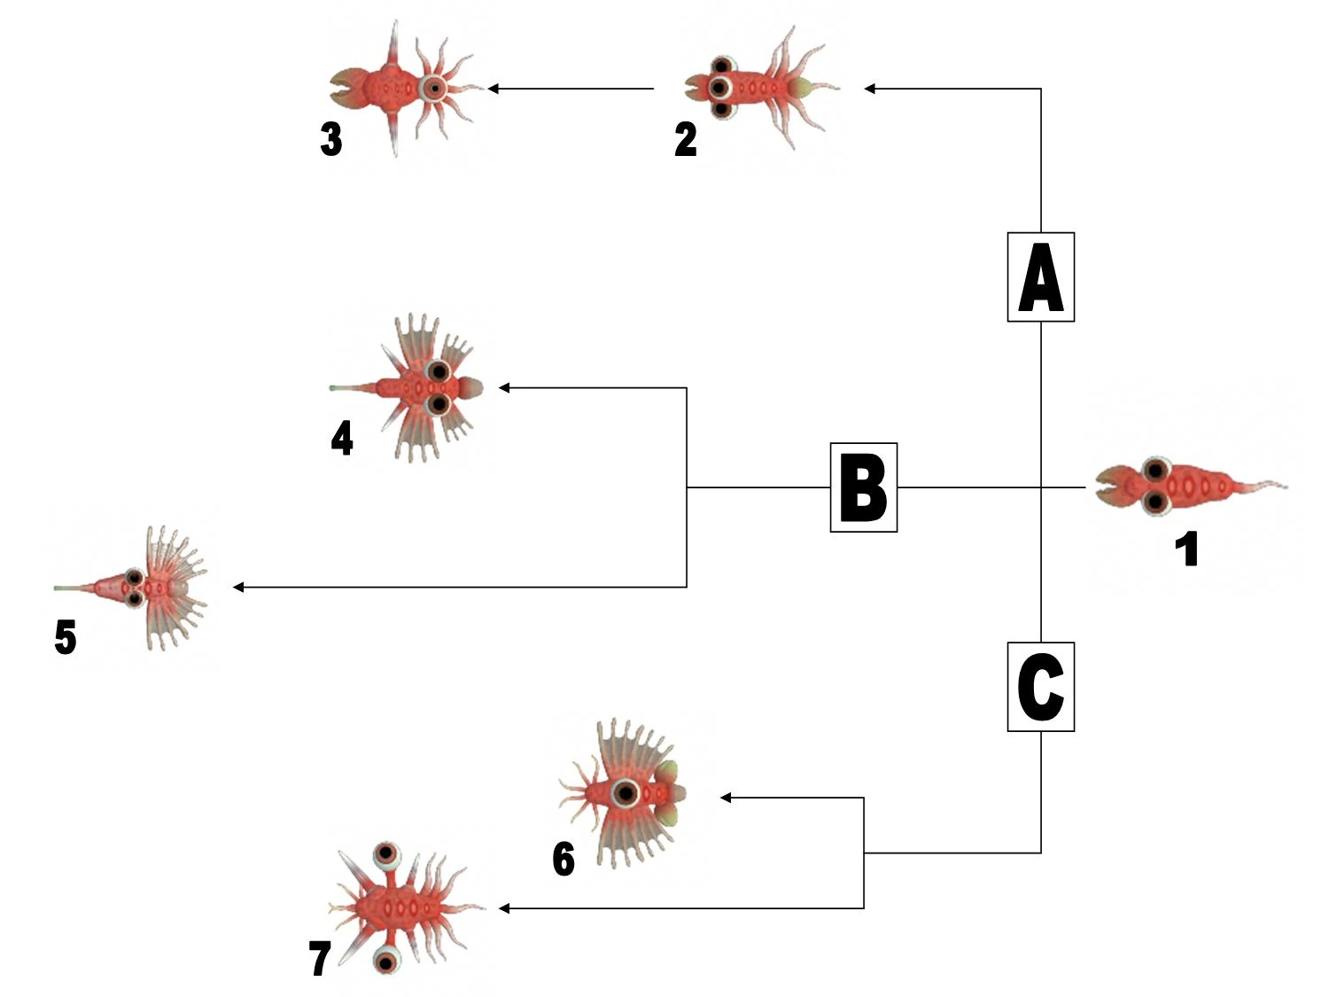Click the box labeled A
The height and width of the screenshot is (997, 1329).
(x=1041, y=277)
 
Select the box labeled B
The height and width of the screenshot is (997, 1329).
(x=863, y=487)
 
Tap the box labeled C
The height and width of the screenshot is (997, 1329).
(x=1041, y=687)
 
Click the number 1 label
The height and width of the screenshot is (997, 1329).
(x=1186, y=549)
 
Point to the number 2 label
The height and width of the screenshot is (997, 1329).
(x=686, y=139)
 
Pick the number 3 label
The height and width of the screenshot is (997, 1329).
(x=331, y=139)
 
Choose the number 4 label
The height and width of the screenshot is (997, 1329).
(x=342, y=438)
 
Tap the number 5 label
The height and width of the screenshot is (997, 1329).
(x=66, y=637)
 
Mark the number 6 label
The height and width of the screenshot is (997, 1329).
(x=563, y=859)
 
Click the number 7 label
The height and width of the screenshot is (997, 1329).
(x=319, y=958)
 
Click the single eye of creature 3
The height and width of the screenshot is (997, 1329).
(x=434, y=89)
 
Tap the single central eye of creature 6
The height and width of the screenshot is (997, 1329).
(x=626, y=793)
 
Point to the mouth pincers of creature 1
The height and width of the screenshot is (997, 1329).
(x=1107, y=487)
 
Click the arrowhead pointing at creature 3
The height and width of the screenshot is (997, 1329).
(x=494, y=89)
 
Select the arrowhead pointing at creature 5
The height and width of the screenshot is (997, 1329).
(x=238, y=587)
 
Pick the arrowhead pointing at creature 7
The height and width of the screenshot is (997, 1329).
(x=504, y=908)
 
